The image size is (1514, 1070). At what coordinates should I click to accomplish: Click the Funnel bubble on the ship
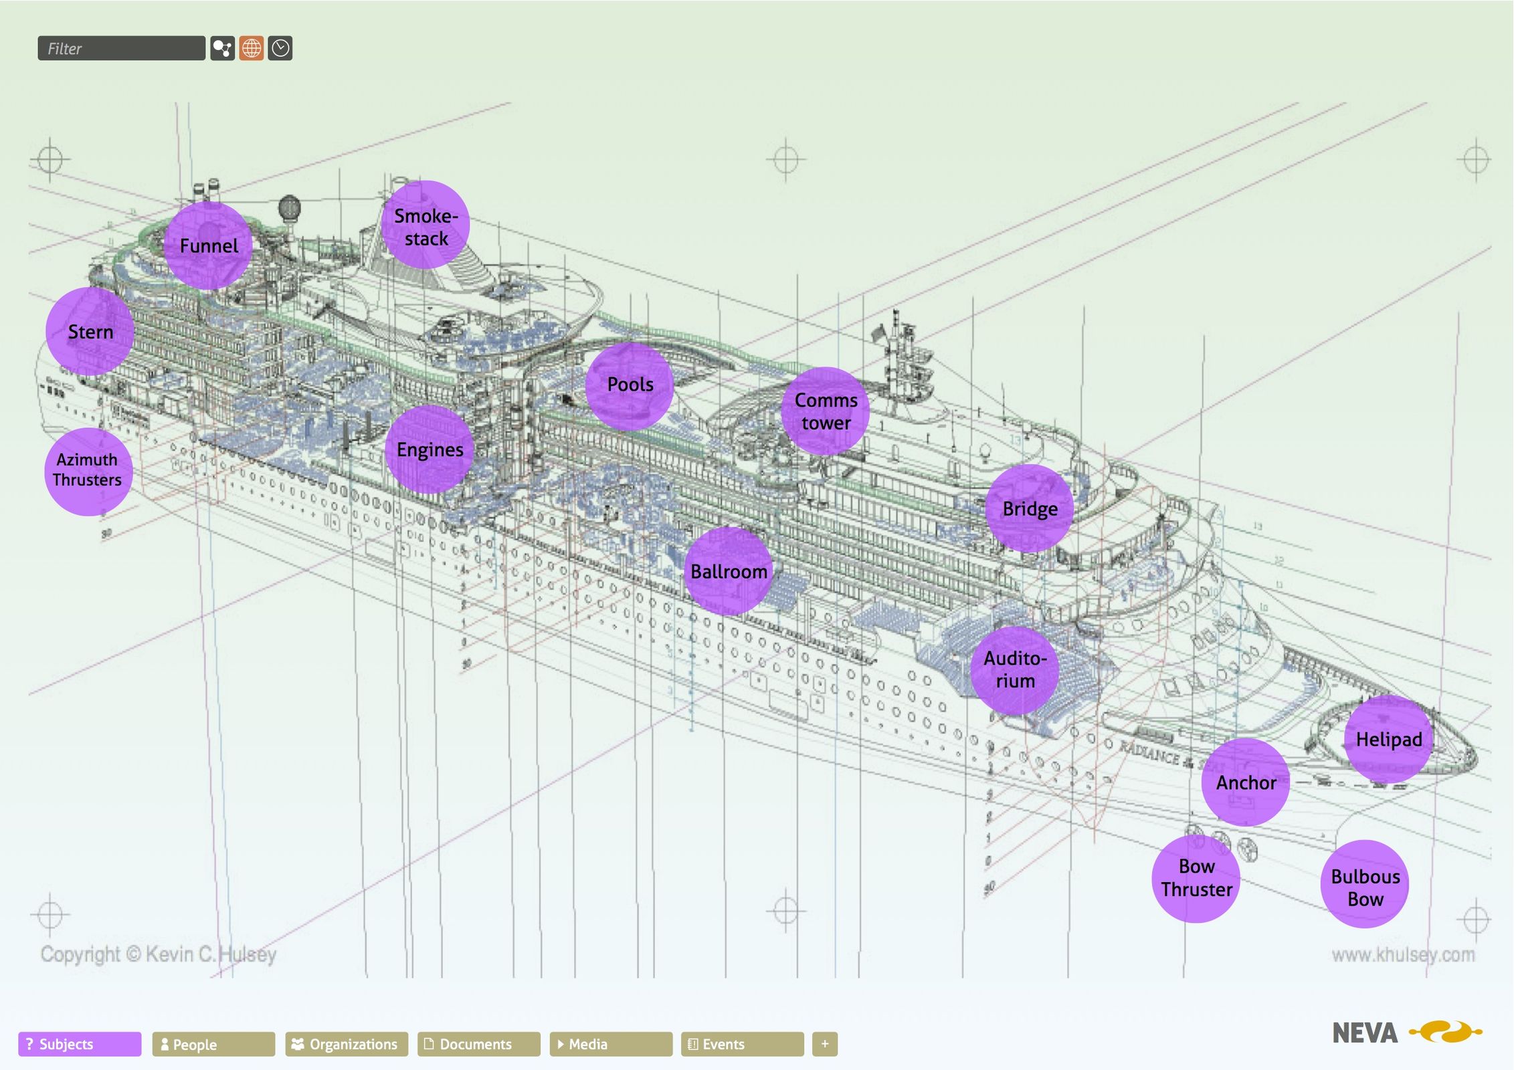coord(208,245)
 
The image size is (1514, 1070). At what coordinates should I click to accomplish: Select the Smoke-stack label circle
coord(425,225)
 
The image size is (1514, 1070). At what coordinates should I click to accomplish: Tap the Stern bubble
coord(90,332)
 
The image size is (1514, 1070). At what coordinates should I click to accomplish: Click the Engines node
coord(430,449)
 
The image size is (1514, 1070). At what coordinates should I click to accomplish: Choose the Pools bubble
coord(630,386)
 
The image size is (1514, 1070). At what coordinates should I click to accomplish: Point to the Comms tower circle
coord(826,411)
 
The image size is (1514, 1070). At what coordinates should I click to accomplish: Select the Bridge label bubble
coord(1030,509)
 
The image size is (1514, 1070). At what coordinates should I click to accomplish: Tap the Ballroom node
coord(728,572)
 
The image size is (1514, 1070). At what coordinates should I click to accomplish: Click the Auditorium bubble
coord(1015,670)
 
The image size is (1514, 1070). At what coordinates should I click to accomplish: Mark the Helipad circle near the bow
coord(1388,739)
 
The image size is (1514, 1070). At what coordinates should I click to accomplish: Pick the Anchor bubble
coord(1245,782)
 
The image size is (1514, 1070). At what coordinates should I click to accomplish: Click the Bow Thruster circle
coord(1196,879)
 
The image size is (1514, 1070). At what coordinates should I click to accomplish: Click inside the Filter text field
coord(121,48)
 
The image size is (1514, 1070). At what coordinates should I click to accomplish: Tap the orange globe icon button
coord(252,48)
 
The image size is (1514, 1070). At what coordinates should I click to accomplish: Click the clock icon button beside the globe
coord(280,48)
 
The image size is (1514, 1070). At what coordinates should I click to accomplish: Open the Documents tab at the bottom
coord(478,1044)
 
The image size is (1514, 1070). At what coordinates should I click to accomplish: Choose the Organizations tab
coord(347,1044)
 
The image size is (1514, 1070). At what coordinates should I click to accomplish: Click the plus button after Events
coord(825,1044)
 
